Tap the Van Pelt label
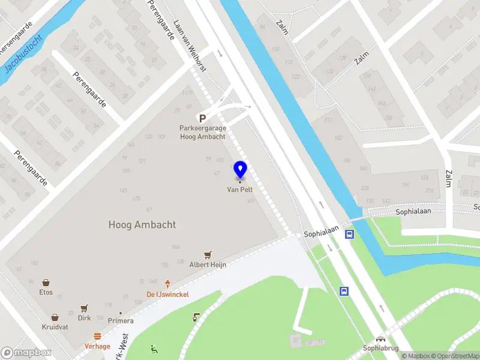(x=240, y=189)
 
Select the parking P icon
(x=203, y=119)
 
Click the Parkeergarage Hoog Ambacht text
(x=203, y=132)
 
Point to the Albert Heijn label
(x=208, y=265)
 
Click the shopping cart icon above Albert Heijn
(x=208, y=255)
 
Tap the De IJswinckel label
(x=167, y=294)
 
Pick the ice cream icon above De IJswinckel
(x=168, y=284)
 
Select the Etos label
(x=46, y=292)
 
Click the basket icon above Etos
(x=46, y=282)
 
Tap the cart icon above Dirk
(x=85, y=307)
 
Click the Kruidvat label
(x=55, y=327)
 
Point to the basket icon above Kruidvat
(x=55, y=317)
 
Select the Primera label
(x=121, y=321)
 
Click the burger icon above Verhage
(x=97, y=337)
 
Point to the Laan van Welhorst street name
(x=190, y=47)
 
